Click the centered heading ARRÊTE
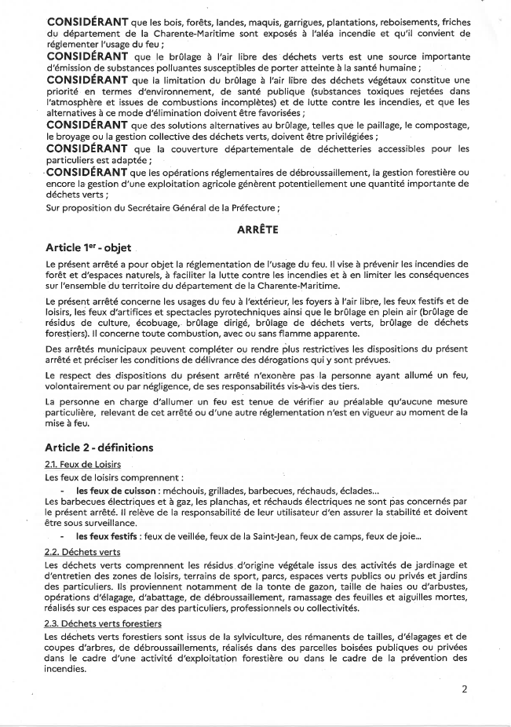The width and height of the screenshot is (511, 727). (257, 231)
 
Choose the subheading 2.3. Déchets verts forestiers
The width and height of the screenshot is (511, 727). (104, 623)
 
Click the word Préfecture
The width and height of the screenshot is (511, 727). (250, 208)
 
